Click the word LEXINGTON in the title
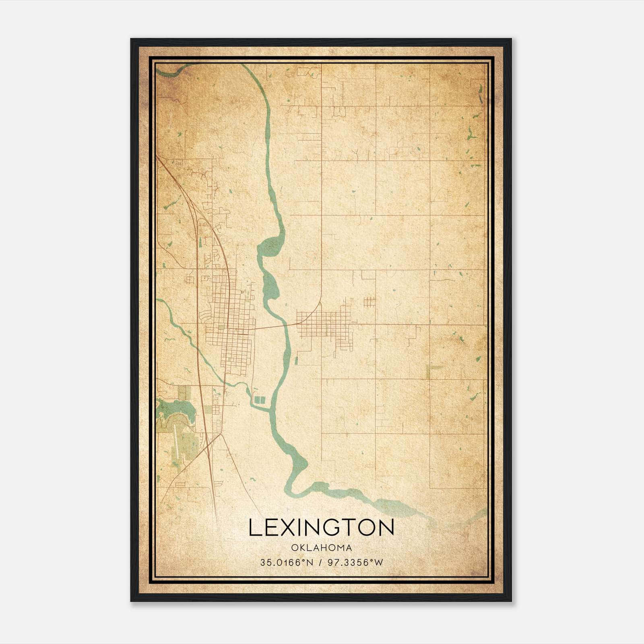pos(321,528)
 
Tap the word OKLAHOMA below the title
pos(321,548)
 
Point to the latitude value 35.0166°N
pos(287,563)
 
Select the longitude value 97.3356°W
pos(355,563)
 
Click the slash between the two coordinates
pos(320,563)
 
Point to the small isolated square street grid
pos(369,302)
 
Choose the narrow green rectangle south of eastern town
pos(296,360)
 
